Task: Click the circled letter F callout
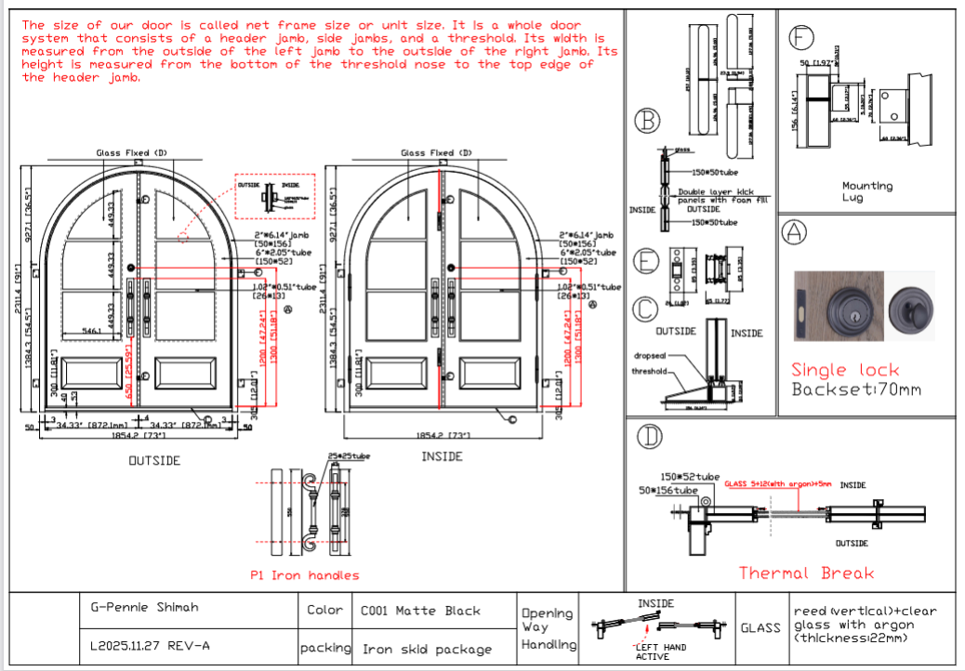[800, 38]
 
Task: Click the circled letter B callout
[646, 121]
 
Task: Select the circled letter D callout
[647, 437]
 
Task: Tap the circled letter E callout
[647, 262]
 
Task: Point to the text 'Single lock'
[845, 370]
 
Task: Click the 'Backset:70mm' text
[856, 389]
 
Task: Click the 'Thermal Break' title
[806, 573]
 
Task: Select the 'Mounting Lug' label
[866, 191]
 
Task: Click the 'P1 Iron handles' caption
[304, 575]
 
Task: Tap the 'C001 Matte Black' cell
[420, 612]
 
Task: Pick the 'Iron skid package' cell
[426, 649]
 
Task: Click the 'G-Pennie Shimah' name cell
[144, 608]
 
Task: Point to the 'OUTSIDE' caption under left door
[154, 460]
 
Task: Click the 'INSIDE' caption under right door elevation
[443, 456]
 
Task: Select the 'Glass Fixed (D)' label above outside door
[131, 152]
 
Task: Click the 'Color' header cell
[325, 611]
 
